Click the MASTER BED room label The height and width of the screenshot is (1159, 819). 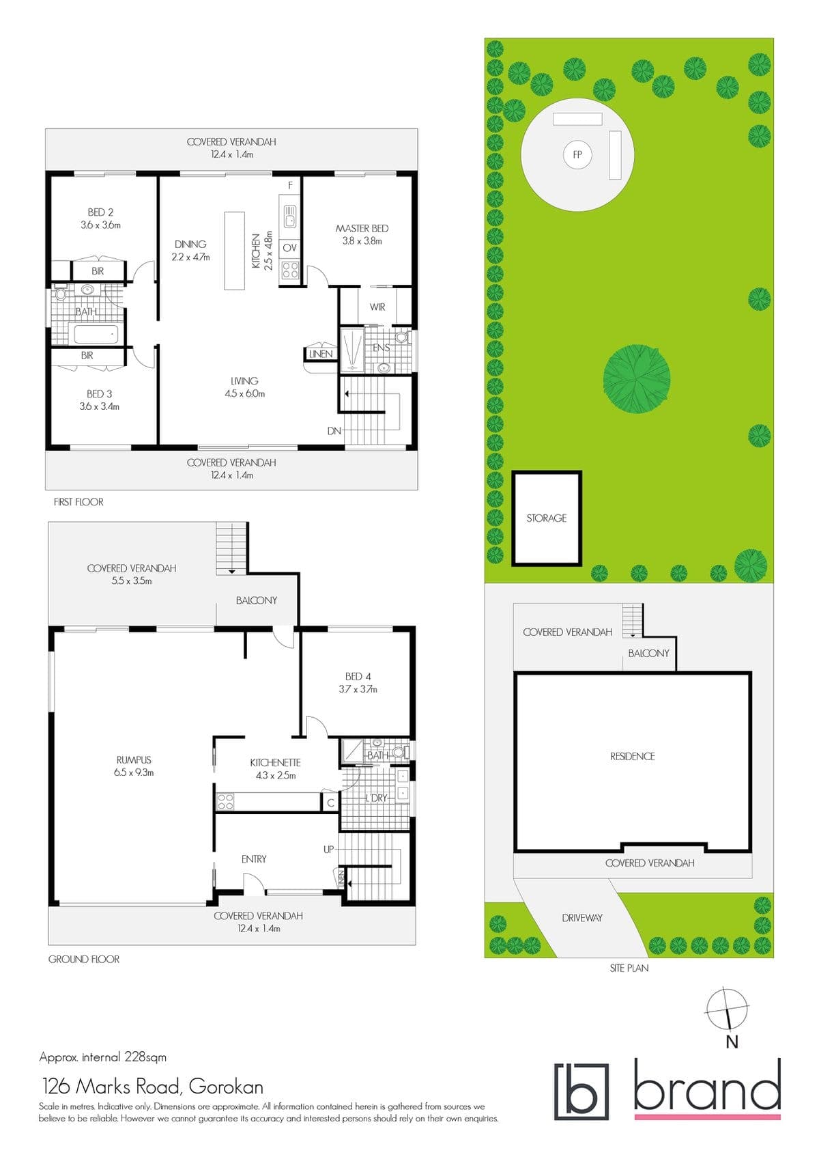(x=362, y=228)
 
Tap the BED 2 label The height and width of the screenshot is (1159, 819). (x=100, y=212)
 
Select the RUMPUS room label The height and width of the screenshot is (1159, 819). (x=134, y=760)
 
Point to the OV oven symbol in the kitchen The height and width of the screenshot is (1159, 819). (x=289, y=248)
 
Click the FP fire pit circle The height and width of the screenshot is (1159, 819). (x=577, y=154)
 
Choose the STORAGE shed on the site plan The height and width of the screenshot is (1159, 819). (x=547, y=518)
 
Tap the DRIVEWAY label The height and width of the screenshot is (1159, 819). (x=582, y=918)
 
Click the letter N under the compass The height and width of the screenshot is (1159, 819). (x=732, y=1042)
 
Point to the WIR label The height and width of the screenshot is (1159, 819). (x=377, y=307)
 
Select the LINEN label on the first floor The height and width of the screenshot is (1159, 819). (x=321, y=354)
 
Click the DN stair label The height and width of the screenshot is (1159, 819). (x=334, y=430)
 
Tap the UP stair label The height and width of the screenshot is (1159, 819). (x=329, y=849)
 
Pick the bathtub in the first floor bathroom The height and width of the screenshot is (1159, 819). (x=96, y=334)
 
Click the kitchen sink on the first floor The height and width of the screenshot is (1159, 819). (x=289, y=217)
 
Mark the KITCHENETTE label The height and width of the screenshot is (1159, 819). (x=275, y=763)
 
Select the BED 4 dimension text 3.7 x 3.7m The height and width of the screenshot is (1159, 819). (x=358, y=689)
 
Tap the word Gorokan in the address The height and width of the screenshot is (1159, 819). (x=226, y=1086)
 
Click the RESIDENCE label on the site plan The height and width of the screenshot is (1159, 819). (x=633, y=757)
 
